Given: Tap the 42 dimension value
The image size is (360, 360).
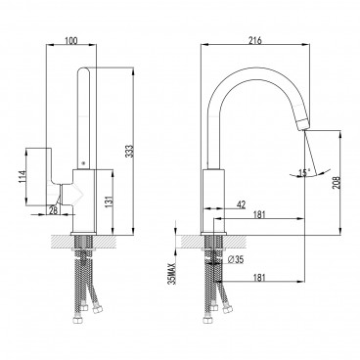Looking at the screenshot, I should pos(242,206).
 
